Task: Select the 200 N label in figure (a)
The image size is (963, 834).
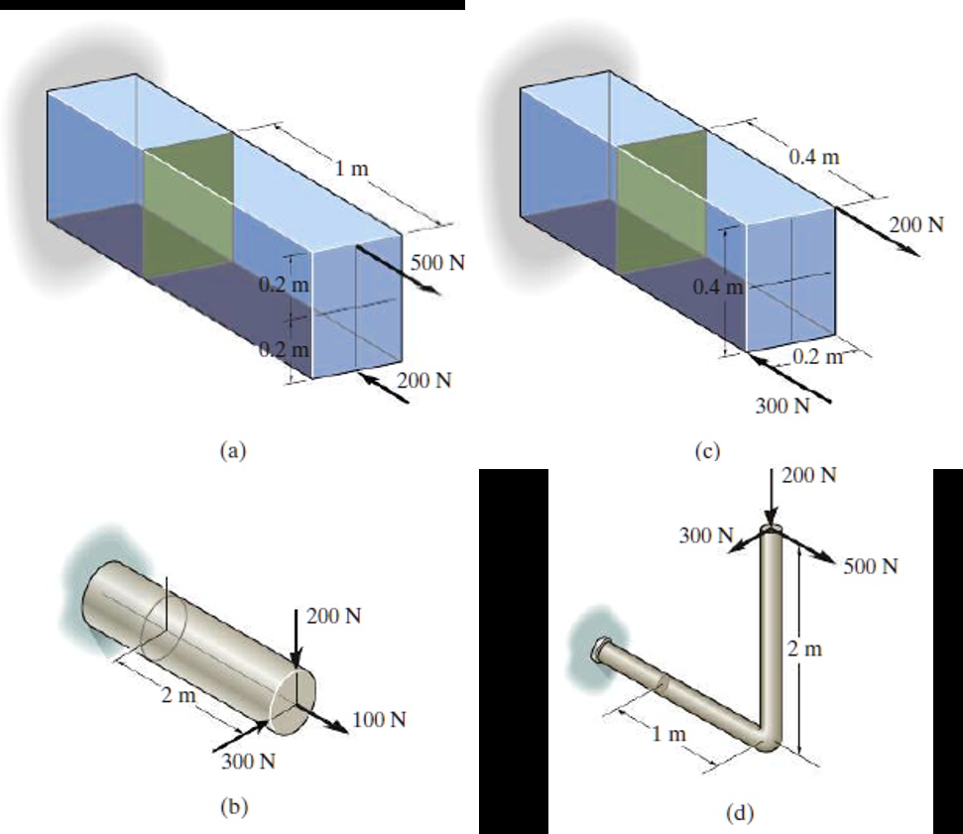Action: [x=424, y=381]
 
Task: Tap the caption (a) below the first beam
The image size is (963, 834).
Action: [x=230, y=449]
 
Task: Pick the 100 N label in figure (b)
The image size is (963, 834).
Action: [x=379, y=719]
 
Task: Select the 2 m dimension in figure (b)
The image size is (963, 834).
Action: [x=181, y=695]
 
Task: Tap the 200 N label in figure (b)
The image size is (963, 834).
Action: [x=333, y=615]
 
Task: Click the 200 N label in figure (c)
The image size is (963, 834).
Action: [x=916, y=224]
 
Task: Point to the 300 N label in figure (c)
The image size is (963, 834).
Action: [x=781, y=405]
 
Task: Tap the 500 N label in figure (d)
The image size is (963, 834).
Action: [x=870, y=566]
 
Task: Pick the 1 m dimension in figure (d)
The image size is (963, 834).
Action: [x=668, y=735]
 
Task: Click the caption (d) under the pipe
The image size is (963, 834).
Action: [x=740, y=813]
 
